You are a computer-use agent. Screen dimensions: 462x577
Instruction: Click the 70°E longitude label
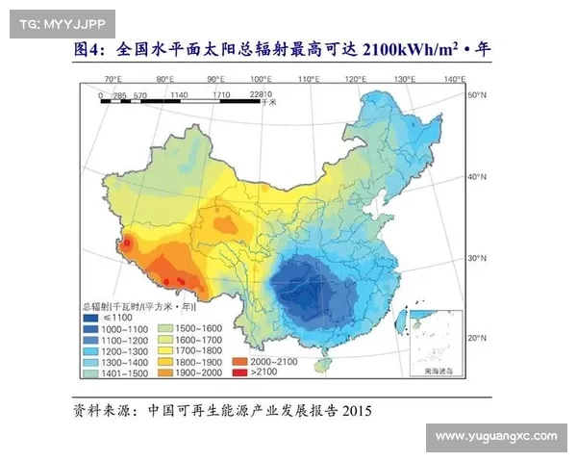(x=113, y=78)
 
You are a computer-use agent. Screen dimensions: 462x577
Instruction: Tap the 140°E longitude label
(x=455, y=78)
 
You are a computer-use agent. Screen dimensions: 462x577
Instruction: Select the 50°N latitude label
(x=477, y=96)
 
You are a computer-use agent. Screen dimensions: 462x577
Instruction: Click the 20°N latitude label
(x=477, y=338)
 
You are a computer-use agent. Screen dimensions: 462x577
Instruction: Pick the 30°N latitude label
(x=477, y=259)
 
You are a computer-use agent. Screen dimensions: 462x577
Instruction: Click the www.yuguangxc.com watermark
(x=495, y=436)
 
